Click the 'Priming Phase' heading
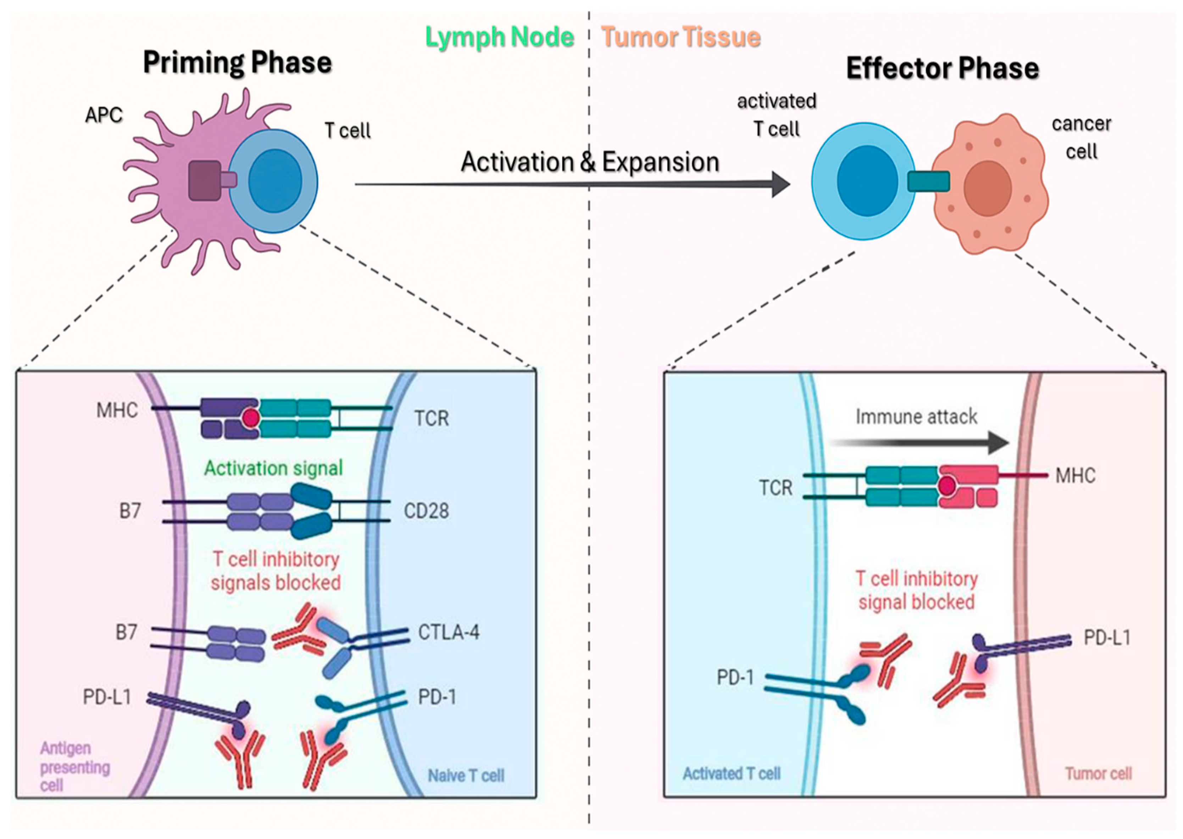pyautogui.click(x=238, y=63)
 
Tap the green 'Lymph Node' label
pyautogui.click(x=499, y=37)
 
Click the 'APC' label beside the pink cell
pyautogui.click(x=104, y=115)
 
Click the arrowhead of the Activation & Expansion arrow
pyautogui.click(x=781, y=184)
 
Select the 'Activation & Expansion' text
pyautogui.click(x=590, y=162)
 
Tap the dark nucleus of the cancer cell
pyautogui.click(x=987, y=188)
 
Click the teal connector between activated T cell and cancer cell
pyautogui.click(x=928, y=181)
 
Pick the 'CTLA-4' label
pyautogui.click(x=449, y=632)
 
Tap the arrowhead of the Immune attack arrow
pyautogui.click(x=999, y=443)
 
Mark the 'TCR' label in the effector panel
pyautogui.click(x=776, y=488)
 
